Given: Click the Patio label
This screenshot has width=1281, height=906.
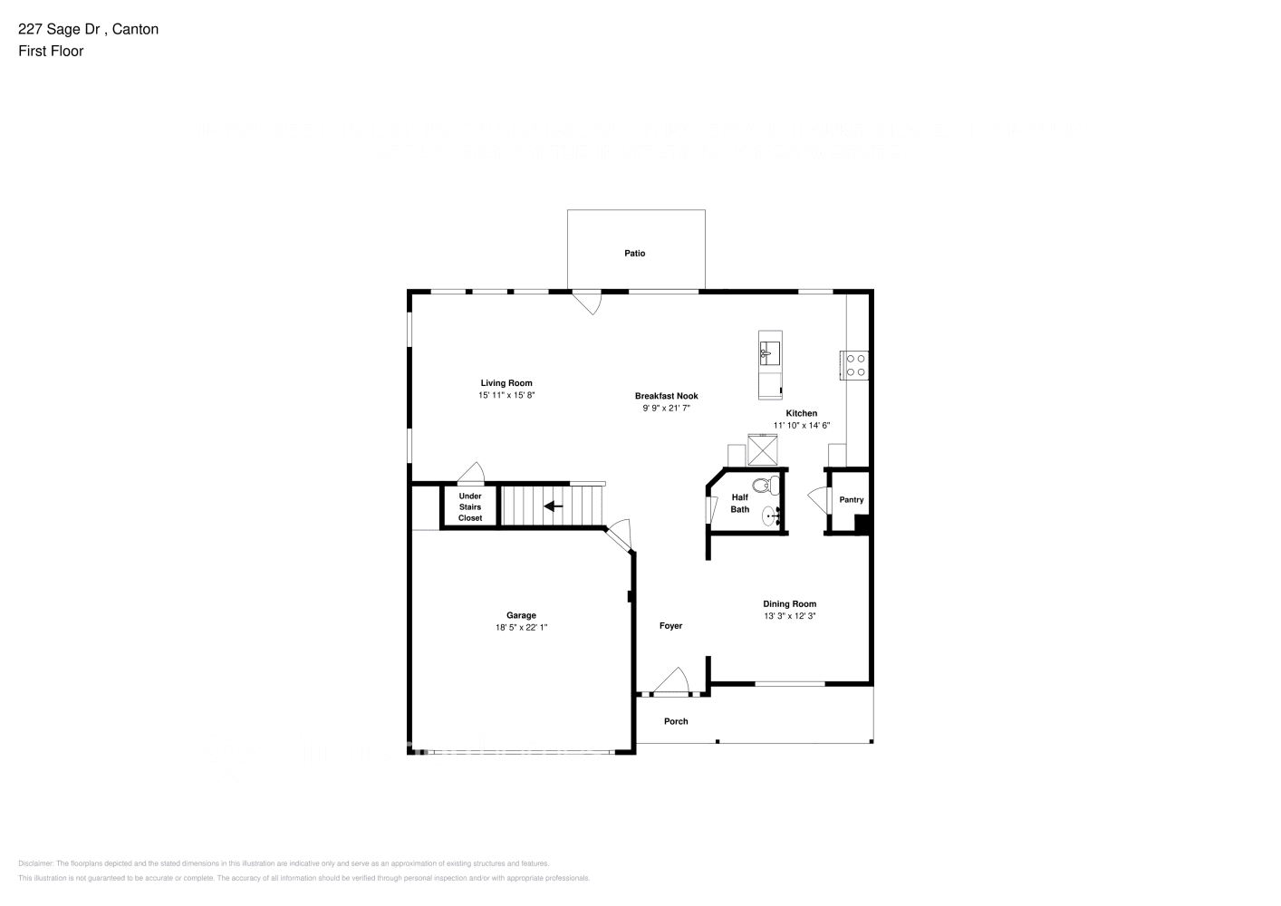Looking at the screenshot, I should point(634,254).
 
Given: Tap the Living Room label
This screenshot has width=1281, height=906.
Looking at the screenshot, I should point(506,383).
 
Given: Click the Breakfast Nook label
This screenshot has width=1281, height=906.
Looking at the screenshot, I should point(666,396).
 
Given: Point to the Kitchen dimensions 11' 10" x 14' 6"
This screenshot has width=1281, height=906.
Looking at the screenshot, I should point(801,426).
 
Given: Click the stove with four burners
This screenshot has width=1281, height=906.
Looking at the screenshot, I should point(855,364).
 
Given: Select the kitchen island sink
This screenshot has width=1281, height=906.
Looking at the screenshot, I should point(770,351).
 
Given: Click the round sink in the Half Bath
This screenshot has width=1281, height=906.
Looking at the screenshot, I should point(771,517).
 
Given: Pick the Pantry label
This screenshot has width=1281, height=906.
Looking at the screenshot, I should point(852,500).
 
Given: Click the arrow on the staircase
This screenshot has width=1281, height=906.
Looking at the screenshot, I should point(553,506).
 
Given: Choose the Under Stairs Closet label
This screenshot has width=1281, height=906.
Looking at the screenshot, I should point(470,507).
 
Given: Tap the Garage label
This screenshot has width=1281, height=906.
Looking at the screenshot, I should point(521,615).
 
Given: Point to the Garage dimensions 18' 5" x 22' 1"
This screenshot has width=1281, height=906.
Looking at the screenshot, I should point(521,627).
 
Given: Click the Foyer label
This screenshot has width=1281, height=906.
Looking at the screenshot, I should point(670,626).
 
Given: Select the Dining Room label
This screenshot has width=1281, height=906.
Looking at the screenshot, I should point(789,604).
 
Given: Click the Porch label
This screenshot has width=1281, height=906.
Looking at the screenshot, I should point(676,722).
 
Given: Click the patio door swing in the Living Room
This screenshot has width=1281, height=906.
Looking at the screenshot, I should point(589,302).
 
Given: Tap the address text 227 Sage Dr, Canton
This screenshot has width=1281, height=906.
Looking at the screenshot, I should point(89,29).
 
